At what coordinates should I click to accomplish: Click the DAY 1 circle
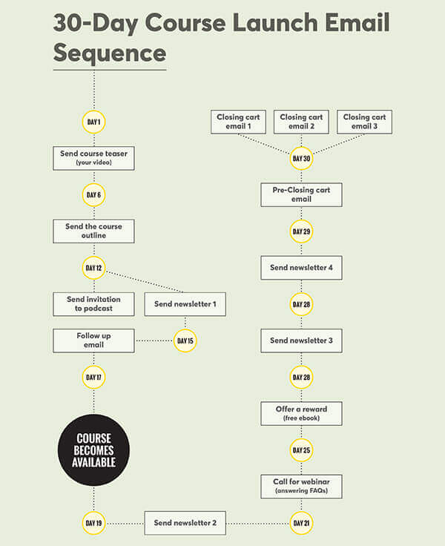coord(93,122)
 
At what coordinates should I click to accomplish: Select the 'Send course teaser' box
coord(93,158)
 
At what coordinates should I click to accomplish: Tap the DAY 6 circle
coord(93,195)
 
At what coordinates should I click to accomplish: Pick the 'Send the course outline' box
coord(93,231)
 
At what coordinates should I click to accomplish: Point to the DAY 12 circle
coord(93,268)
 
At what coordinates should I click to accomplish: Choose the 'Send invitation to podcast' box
coord(93,303)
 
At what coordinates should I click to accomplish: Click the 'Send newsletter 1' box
coord(185,303)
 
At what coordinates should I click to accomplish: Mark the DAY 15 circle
coord(185,341)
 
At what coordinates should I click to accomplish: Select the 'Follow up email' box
coord(93,341)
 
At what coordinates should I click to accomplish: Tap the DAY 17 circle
coord(93,377)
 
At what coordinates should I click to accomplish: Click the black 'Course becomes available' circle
coord(93,450)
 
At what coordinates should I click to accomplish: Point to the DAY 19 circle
coord(93,523)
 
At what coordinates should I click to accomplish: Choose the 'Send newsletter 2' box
coord(185,523)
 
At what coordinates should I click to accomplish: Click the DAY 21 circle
coord(301,523)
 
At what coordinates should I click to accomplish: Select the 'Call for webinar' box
coord(301,487)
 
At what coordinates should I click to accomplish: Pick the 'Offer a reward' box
coord(301,413)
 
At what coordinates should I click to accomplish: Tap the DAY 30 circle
coord(301,158)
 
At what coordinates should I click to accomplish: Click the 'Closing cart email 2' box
coord(301,122)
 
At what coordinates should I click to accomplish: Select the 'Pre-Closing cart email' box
coord(301,194)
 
